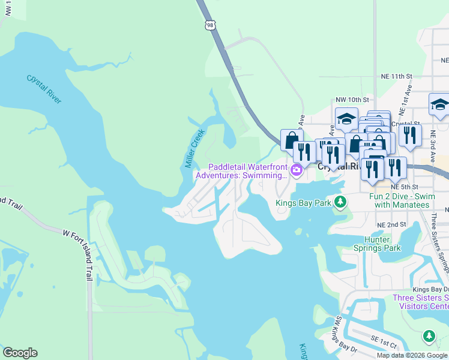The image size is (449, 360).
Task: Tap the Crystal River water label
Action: point(44,89)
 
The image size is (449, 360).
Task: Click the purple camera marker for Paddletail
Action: point(296,171)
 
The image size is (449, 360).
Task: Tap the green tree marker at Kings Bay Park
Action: point(340,202)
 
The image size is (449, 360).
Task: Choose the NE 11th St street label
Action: point(397,77)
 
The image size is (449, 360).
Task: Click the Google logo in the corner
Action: point(20,353)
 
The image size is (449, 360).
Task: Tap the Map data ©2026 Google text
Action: point(412,355)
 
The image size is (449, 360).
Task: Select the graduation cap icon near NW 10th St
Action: point(346,119)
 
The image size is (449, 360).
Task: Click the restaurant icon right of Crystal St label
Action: point(410,135)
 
